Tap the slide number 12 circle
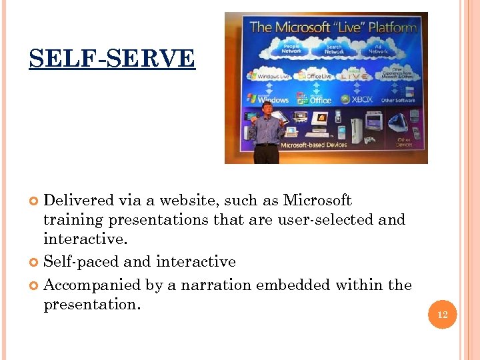(x=443, y=315)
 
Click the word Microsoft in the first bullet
(x=317, y=201)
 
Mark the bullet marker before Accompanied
(x=35, y=286)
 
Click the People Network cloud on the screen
(x=291, y=49)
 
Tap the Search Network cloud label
(x=335, y=49)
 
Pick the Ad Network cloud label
(x=378, y=49)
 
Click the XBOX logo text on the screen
(x=362, y=99)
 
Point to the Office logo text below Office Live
(x=320, y=100)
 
